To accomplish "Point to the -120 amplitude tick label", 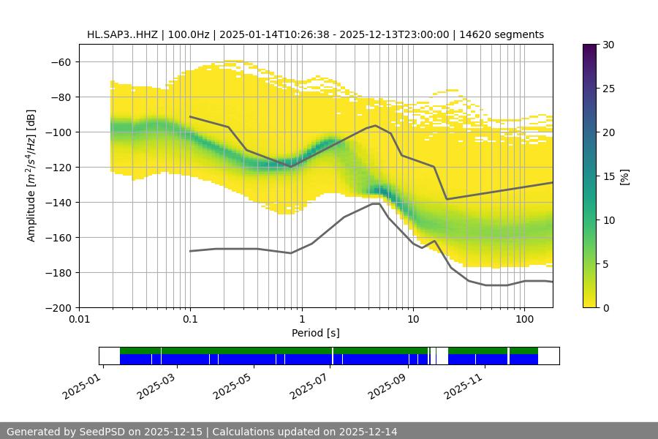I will (x=59, y=168).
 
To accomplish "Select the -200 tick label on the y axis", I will (x=59, y=308).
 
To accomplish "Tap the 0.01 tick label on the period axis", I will (x=79, y=320).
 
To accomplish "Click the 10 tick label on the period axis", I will (x=413, y=320).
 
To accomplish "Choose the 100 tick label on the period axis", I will (x=523, y=320).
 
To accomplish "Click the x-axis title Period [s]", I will (x=315, y=333).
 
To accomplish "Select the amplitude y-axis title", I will (x=31, y=176).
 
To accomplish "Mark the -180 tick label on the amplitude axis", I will (x=59, y=273).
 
